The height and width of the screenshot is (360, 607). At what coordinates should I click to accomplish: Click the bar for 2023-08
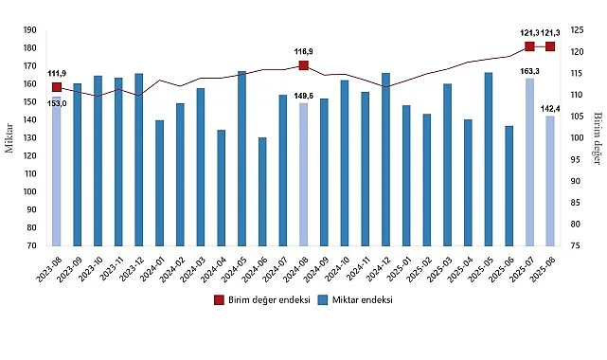pyautogui.click(x=56, y=171)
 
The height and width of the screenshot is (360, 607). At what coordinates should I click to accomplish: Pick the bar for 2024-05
pyautogui.click(x=241, y=158)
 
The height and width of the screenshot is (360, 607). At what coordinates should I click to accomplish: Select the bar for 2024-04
pyautogui.click(x=221, y=188)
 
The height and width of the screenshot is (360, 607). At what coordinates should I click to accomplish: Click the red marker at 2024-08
pyautogui.click(x=303, y=65)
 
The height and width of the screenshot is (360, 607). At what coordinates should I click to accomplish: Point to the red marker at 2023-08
pyautogui.click(x=56, y=87)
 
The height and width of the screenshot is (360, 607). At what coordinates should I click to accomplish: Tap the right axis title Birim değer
pyautogui.click(x=598, y=137)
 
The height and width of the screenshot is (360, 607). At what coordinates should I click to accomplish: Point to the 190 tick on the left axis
pyautogui.click(x=30, y=29)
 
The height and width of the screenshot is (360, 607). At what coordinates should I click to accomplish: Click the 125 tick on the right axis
pyautogui.click(x=575, y=29)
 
